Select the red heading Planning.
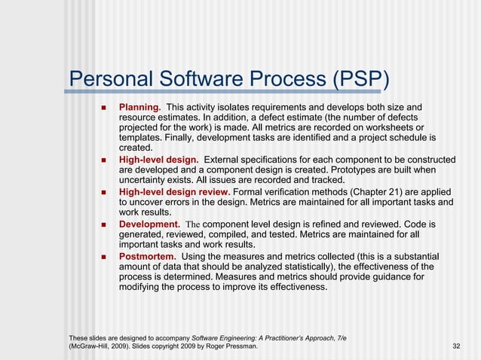point(140,108)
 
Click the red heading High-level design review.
point(176,192)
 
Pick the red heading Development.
point(149,224)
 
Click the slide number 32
point(455,346)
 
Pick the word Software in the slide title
point(197,79)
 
